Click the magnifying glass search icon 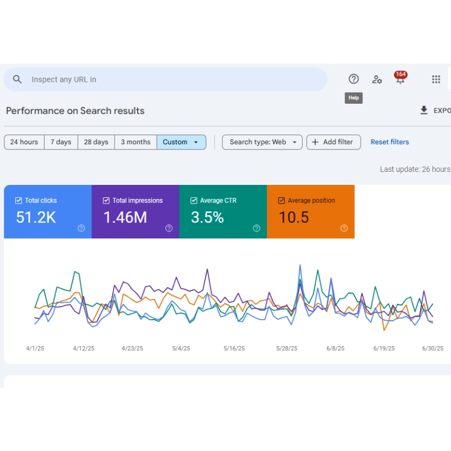point(17,79)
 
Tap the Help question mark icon point(353,79)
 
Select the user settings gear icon point(377,79)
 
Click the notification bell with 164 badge point(400,79)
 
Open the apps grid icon point(436,79)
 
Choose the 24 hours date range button point(24,142)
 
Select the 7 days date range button point(61,142)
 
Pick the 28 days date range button point(96,142)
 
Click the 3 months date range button point(135,142)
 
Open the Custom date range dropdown point(181,142)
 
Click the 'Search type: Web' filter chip point(262,142)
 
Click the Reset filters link point(390,142)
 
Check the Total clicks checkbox point(19,201)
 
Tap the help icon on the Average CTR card point(257,228)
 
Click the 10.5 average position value point(294,218)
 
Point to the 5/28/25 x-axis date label point(286,348)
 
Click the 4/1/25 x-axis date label point(35,348)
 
